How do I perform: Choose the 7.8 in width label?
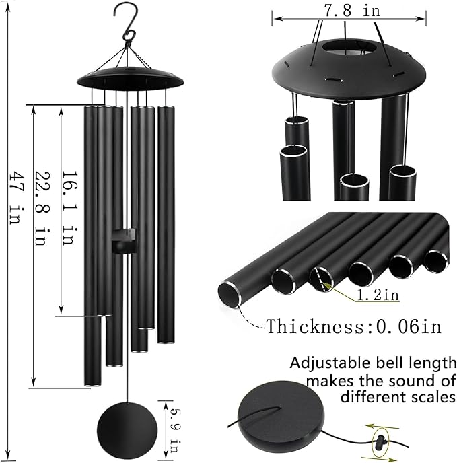pyautogui.click(x=349, y=11)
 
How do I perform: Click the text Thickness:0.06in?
pyautogui.click(x=354, y=327)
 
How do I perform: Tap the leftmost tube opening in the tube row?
pyautogui.click(x=229, y=292)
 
